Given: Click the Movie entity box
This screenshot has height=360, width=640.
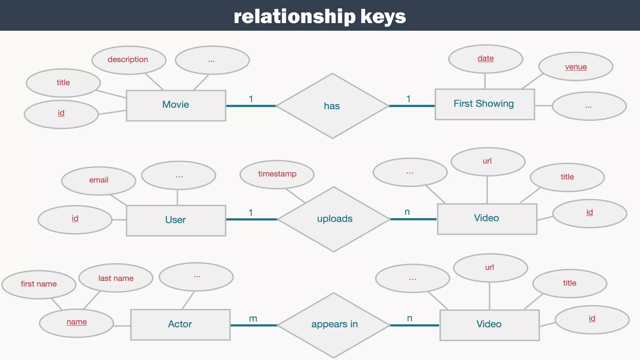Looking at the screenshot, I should click(176, 105).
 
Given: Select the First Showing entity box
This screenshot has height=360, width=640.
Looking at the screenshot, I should click(484, 104).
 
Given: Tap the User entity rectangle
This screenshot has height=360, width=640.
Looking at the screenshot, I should click(176, 220).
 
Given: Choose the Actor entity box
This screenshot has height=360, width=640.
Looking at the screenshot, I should click(180, 324).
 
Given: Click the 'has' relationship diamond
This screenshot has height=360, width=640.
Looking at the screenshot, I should click(332, 106).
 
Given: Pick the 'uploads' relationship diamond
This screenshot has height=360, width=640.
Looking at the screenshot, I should click(334, 219).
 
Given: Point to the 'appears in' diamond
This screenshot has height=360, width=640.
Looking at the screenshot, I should click(334, 325).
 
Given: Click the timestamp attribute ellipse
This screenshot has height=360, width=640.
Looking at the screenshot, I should click(277, 174).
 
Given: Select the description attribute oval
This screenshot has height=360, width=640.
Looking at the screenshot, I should click(128, 60).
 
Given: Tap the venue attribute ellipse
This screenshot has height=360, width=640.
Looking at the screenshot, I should click(576, 67).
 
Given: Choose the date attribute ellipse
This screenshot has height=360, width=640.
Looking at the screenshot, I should click(485, 59).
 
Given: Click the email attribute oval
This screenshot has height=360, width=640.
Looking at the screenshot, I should click(99, 181).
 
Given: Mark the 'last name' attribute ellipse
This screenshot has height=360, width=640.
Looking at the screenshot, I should click(116, 278).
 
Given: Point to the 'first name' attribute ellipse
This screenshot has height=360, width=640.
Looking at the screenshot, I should click(39, 284).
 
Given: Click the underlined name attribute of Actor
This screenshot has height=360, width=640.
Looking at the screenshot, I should click(77, 322).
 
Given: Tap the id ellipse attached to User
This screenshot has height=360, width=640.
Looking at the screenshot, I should click(75, 219).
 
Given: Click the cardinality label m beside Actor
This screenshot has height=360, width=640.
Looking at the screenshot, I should click(253, 319).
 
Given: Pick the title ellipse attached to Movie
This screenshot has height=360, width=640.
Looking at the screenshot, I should click(63, 83).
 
